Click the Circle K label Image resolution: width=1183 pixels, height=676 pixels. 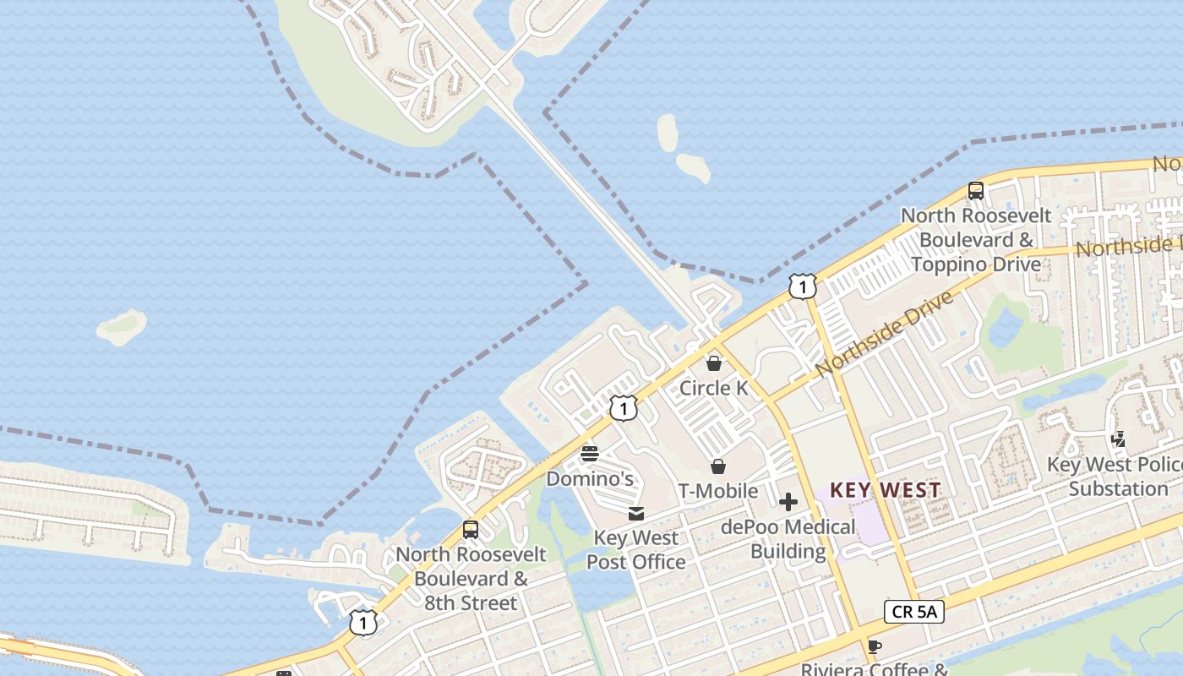coord(714,388)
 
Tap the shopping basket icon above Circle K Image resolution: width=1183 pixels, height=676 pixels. coord(714,363)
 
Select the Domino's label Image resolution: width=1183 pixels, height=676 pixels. coord(589,478)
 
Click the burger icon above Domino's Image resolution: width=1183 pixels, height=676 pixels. coord(590,454)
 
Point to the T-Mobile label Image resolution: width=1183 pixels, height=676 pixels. coord(717,491)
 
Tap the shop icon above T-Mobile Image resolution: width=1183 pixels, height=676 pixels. coord(717,466)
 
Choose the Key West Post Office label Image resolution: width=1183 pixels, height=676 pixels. coord(635,550)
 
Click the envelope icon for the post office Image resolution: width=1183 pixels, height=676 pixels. coord(636,514)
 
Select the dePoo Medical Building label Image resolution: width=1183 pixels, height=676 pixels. coord(788,539)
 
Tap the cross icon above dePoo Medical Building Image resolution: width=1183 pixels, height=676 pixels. coord(788,503)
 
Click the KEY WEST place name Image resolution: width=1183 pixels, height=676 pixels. coord(885,490)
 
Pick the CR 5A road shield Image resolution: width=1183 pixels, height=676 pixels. coord(914,612)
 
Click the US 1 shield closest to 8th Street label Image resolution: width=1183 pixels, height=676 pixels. coord(363,624)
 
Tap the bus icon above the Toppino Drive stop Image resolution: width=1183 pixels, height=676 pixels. coord(976,191)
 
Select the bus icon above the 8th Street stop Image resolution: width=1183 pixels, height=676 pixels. coord(471,530)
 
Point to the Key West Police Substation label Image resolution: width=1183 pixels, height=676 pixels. coord(1115,477)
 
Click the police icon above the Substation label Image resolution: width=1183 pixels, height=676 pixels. coord(1119,439)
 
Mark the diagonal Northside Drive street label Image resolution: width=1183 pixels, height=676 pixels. coord(884,334)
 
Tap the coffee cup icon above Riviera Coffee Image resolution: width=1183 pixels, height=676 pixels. coord(874,647)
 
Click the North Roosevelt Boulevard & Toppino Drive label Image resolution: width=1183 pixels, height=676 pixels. coord(976,240)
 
